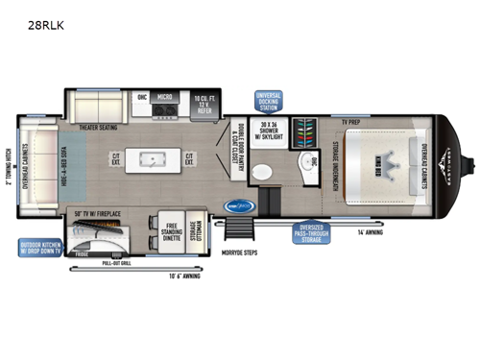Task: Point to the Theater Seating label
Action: (97, 127)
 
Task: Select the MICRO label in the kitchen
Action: (165, 97)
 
